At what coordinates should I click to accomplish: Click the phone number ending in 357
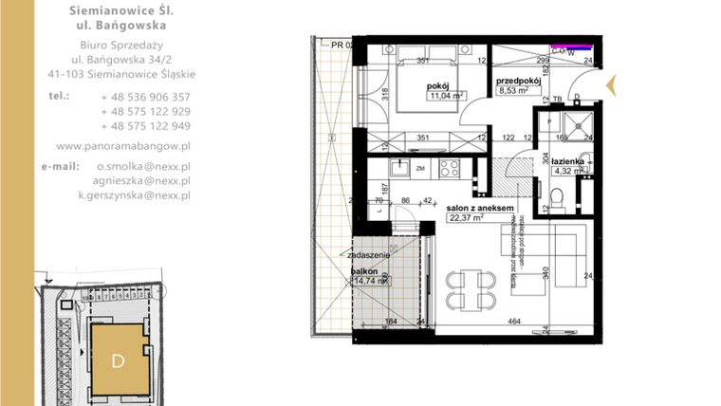[x=145, y=97]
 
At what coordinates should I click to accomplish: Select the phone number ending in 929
[x=145, y=111]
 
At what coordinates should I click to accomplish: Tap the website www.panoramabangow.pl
[x=124, y=146]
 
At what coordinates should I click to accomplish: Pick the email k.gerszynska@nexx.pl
[x=134, y=194]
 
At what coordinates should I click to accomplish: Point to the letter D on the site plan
[x=119, y=360]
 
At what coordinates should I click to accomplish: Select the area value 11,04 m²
[x=443, y=96]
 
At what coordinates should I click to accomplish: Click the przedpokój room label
[x=518, y=81]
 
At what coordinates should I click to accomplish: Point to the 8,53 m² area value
[x=516, y=93]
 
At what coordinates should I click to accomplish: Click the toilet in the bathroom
[x=561, y=196]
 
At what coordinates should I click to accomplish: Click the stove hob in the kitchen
[x=449, y=171]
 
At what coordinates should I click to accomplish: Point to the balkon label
[x=364, y=270]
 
